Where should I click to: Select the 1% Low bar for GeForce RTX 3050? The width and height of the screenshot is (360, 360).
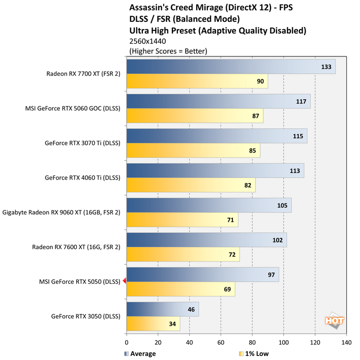153,323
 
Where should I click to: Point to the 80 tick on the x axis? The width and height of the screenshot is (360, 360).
252,342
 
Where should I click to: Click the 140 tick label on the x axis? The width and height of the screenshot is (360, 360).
347,342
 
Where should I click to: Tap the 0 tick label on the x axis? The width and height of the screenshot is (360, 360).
127,342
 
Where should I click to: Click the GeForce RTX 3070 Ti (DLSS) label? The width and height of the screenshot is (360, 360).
82,143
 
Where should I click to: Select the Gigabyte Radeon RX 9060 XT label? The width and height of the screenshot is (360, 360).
62,213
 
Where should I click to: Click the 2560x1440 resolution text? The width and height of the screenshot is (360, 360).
148,41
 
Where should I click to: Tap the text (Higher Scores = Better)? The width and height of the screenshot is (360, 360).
168,51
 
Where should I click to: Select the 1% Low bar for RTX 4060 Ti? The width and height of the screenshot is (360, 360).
191,185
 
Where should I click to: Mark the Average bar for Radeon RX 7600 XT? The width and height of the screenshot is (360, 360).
206,240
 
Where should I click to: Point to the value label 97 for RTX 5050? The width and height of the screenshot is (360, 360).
271,275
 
